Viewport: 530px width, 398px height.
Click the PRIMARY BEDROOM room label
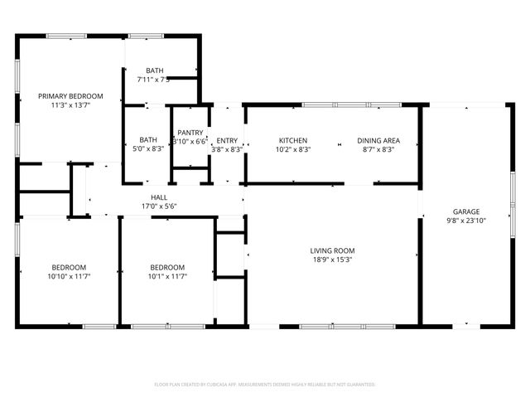70,96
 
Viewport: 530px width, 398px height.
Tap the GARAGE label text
466,211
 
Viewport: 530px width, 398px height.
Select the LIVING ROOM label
332,250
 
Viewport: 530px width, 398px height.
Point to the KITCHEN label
293,140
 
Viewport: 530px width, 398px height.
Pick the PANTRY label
190,132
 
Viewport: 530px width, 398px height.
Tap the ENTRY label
227,140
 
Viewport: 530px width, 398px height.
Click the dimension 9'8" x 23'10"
466,221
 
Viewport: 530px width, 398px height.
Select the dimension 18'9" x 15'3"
332,260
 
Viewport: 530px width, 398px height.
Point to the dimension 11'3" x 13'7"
70,106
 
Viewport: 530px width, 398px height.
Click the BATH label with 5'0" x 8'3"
148,140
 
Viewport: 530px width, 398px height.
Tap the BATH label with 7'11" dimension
155,70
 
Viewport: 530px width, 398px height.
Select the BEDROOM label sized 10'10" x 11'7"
70,266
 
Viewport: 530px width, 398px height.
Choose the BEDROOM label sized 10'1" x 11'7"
167,266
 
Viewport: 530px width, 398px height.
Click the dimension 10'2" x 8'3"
293,150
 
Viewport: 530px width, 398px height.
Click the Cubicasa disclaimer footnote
265,384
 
